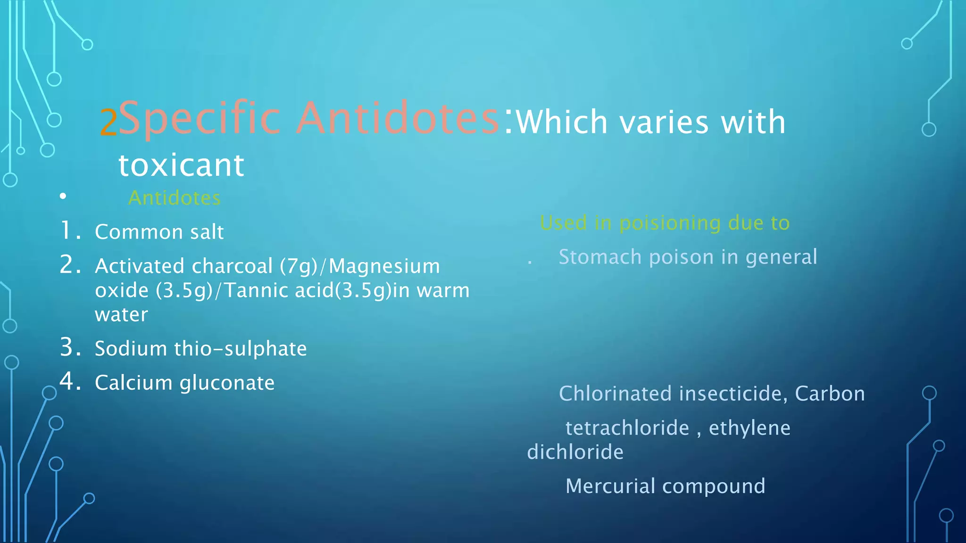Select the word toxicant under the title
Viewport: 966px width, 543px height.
181,165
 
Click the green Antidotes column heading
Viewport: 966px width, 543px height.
175,198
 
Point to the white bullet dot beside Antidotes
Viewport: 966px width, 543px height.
63,196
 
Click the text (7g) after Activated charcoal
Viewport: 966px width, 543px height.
299,266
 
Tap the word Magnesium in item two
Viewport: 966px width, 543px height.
384,266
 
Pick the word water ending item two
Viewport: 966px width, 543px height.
121,314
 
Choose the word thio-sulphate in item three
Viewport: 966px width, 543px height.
241,349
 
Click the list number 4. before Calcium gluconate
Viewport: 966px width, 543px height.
71,381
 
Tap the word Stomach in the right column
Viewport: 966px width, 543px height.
600,257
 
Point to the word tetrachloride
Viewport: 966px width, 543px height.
627,428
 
